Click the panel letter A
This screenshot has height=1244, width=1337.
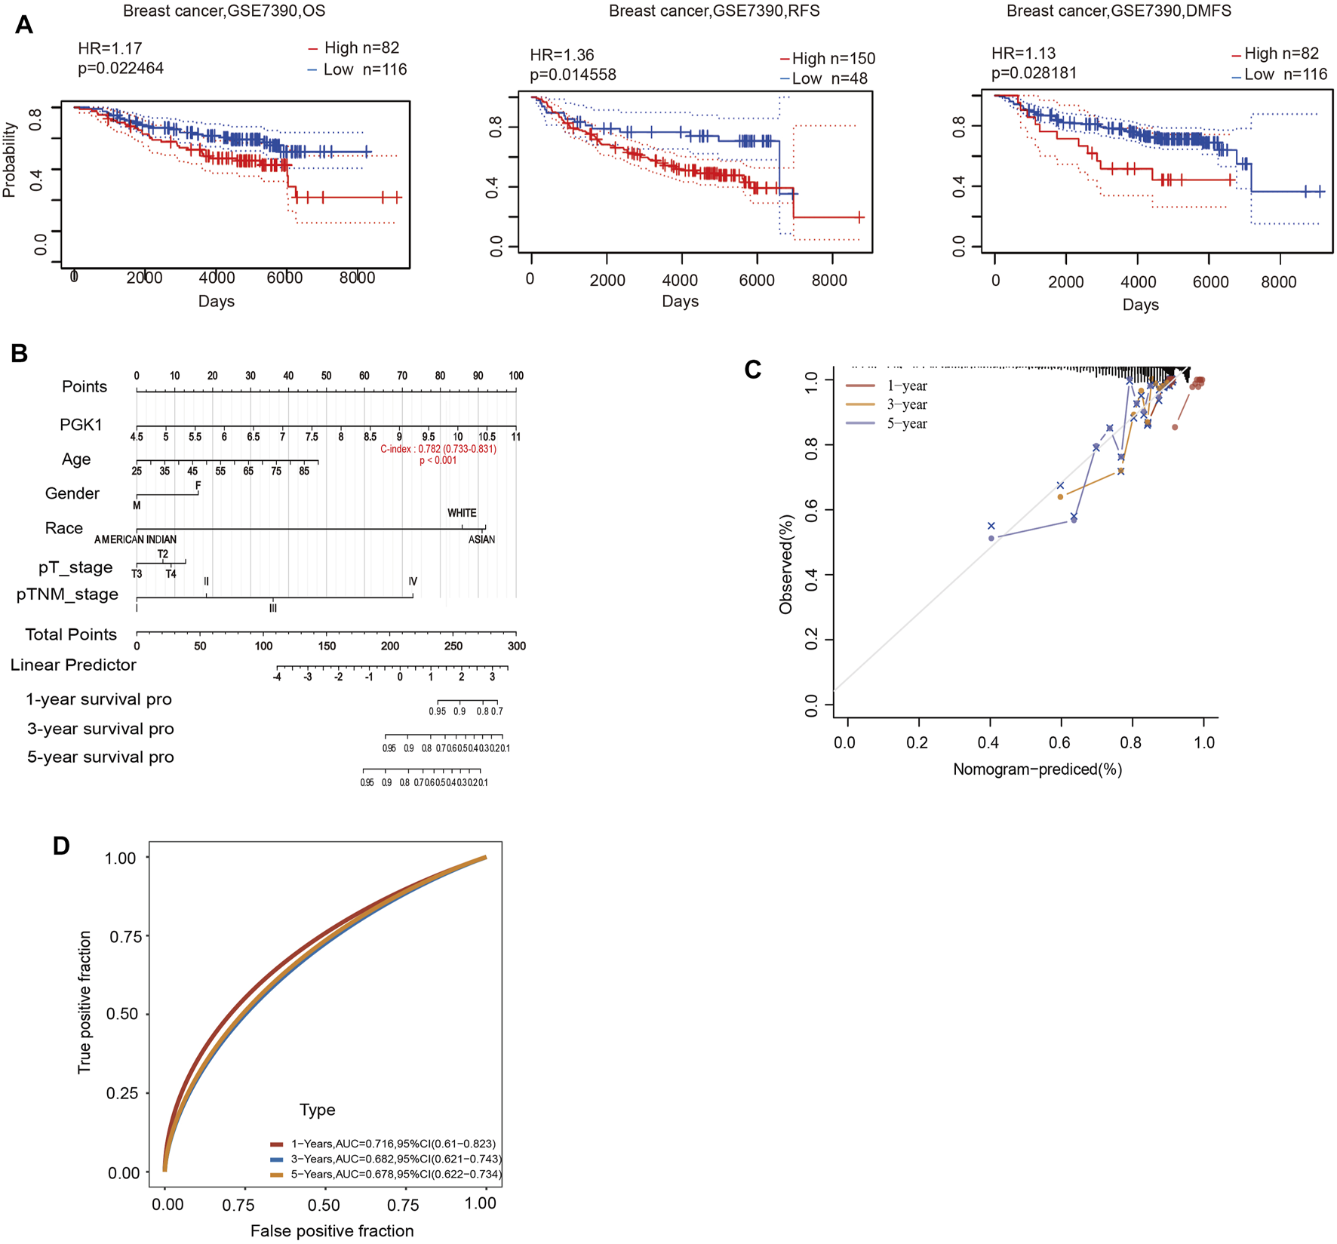(24, 26)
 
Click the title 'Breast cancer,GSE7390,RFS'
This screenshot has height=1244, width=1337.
(714, 11)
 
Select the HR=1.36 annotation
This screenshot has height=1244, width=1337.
(561, 55)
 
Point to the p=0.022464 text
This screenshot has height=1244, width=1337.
(121, 69)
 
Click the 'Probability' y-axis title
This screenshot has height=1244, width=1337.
(10, 160)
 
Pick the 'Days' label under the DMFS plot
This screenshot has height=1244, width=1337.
(1139, 305)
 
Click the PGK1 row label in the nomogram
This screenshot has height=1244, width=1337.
(81, 425)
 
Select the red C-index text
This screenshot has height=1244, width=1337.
(438, 449)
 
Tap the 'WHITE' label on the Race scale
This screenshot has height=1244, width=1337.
(462, 513)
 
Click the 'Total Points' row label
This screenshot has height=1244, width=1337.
(71, 634)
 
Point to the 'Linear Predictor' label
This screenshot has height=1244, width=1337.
(73, 665)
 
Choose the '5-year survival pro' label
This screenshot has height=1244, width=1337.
(100, 757)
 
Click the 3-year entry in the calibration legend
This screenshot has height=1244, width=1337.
(906, 404)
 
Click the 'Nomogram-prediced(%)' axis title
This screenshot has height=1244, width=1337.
(1037, 769)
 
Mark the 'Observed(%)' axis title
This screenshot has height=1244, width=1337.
(786, 564)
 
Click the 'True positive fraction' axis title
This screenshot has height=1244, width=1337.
(85, 1002)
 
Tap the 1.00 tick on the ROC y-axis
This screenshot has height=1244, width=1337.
(121, 858)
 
